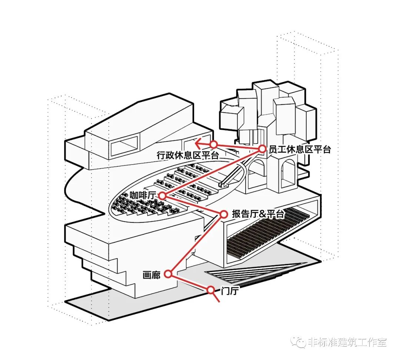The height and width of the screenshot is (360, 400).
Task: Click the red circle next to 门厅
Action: pyautogui.click(x=211, y=290)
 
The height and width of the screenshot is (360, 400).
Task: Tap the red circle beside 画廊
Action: pyautogui.click(x=168, y=274)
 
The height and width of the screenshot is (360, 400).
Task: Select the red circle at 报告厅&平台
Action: pyautogui.click(x=223, y=214)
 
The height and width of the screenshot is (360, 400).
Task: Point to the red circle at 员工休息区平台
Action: pyautogui.click(x=262, y=149)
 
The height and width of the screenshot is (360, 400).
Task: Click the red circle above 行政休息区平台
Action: pyautogui.click(x=213, y=144)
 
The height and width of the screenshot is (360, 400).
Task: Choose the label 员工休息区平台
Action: pyautogui.click(x=299, y=149)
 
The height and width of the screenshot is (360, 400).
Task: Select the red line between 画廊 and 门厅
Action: pyautogui.click(x=189, y=282)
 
